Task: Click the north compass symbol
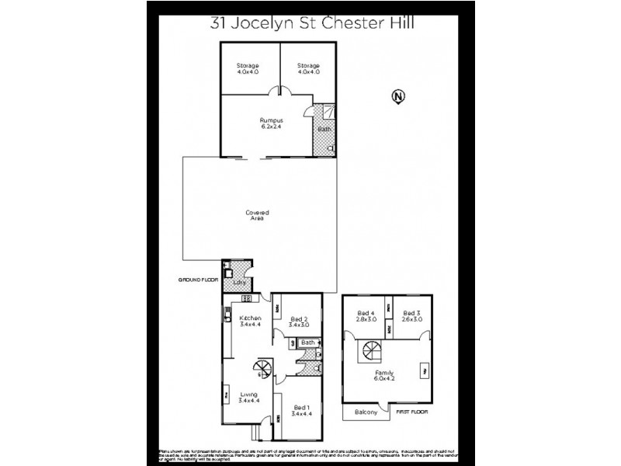click(x=397, y=97)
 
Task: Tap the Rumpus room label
click(x=271, y=120)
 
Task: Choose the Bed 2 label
click(x=299, y=319)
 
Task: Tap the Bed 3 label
click(x=411, y=314)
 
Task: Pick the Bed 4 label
click(x=366, y=314)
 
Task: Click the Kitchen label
click(x=250, y=318)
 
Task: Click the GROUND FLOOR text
click(x=199, y=278)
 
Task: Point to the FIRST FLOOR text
click(x=412, y=412)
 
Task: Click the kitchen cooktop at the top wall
click(x=246, y=298)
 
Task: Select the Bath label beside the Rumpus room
click(x=323, y=129)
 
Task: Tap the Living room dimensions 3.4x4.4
click(x=250, y=401)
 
